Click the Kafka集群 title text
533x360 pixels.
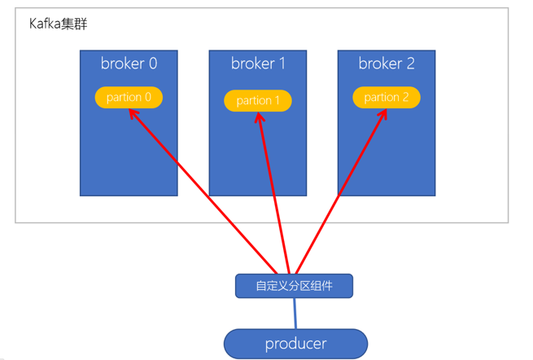58,24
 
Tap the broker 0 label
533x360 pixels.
129,64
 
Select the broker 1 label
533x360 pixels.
258,64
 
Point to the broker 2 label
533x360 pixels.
387,64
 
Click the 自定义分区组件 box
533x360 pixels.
294,286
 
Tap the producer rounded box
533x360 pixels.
295,344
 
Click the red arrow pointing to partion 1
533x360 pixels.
273,191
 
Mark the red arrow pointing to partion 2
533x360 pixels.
341,191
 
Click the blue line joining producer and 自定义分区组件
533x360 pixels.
295,314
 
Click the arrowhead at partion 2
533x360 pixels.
382,113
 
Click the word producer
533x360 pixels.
295,344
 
